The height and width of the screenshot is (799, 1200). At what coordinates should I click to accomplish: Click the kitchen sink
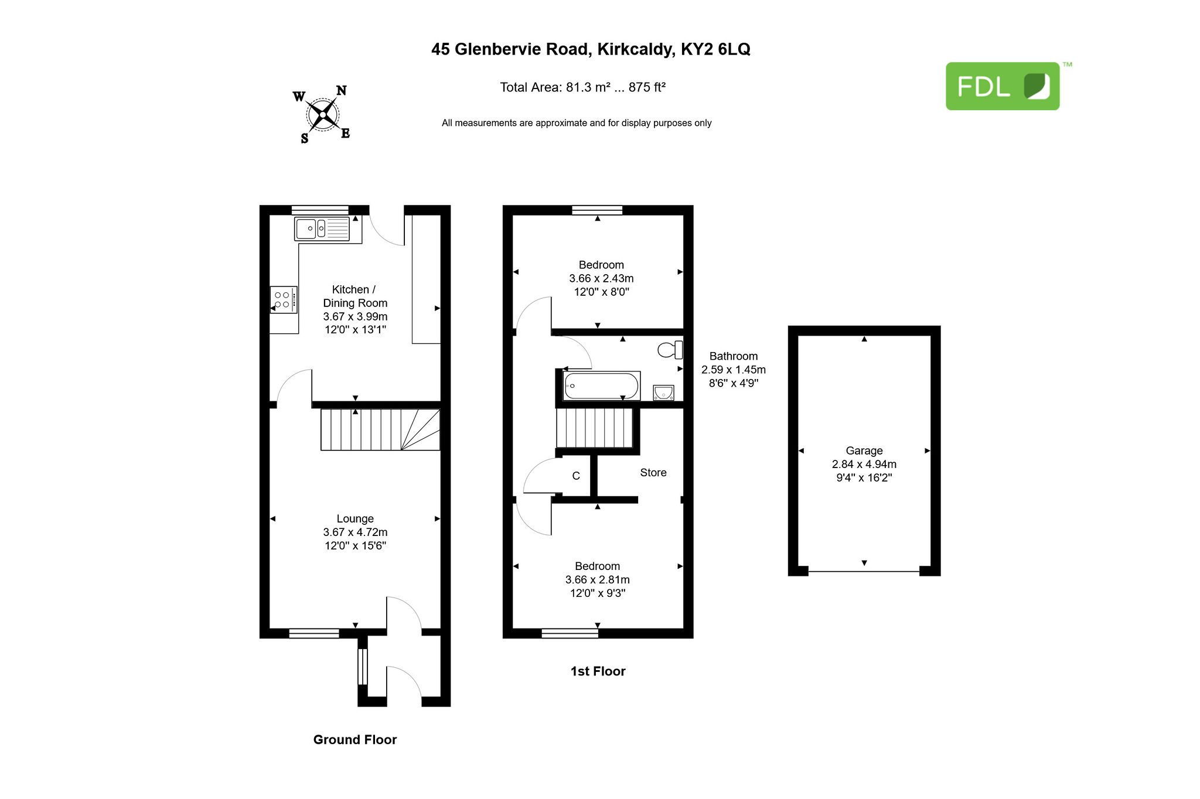[x=322, y=228]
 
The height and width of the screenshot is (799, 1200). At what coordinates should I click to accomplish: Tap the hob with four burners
[x=284, y=300]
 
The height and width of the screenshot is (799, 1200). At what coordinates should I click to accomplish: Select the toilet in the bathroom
[x=670, y=350]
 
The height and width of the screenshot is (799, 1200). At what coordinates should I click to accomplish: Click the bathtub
[x=602, y=386]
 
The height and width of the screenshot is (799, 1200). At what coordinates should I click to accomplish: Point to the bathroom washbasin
[x=663, y=392]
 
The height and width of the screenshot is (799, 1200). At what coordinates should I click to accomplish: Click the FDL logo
[x=1003, y=86]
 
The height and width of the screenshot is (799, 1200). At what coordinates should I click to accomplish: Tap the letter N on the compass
[x=341, y=90]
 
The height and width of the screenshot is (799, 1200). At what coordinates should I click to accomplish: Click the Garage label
[x=864, y=450]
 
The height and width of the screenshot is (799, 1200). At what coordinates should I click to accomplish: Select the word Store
[x=653, y=473]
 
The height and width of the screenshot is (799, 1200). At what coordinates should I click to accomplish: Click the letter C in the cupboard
[x=576, y=476]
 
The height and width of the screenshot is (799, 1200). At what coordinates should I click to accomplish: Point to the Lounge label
[x=355, y=518]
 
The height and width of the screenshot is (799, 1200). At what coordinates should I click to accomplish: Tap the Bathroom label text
[x=734, y=356]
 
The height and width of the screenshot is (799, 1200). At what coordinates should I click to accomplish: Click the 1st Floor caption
[x=598, y=671]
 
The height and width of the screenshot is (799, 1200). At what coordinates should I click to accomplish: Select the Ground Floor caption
[x=355, y=740]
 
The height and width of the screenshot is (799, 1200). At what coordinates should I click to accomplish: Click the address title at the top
[x=591, y=49]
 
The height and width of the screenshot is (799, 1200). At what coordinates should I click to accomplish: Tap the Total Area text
[x=583, y=87]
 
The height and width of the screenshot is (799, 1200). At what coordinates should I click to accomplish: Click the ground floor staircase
[x=380, y=429]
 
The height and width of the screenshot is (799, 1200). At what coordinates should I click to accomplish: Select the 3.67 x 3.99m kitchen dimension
[x=355, y=316]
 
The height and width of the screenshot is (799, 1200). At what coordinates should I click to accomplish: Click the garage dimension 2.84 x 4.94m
[x=864, y=464]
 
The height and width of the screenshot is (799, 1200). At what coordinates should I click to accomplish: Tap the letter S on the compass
[x=305, y=139]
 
